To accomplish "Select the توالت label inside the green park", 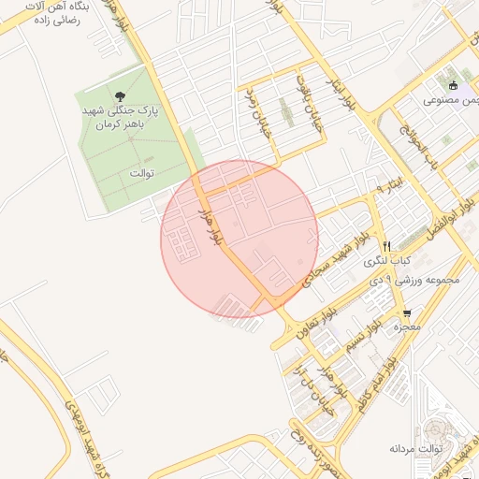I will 141,173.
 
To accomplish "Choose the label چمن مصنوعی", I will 453,99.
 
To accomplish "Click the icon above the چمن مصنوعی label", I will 454,85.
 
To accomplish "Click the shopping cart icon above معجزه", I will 406,312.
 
